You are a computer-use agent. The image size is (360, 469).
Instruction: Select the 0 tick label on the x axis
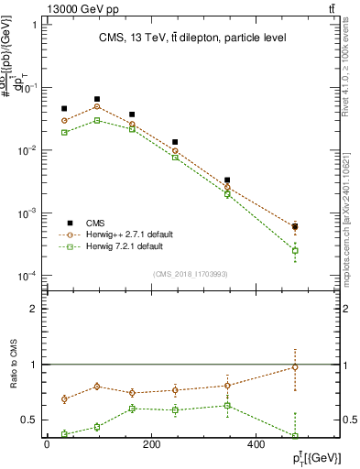pyautogui.click(x=47, y=445)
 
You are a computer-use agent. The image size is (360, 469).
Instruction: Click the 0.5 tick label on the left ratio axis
pyautogui.click(x=28, y=420)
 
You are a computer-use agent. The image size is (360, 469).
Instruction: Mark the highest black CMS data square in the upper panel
pyautogui.click(x=97, y=99)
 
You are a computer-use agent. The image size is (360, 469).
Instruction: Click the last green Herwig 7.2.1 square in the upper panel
pyautogui.click(x=321, y=250)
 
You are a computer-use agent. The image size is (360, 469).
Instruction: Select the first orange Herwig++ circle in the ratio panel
pyautogui.click(x=64, y=398)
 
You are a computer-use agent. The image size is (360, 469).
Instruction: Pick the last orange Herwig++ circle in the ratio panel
pyautogui.click(x=321, y=367)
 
